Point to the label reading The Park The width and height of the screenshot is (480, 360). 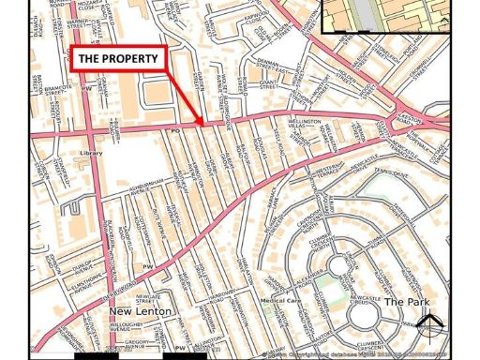(406, 302)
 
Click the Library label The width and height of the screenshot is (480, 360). (91, 153)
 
